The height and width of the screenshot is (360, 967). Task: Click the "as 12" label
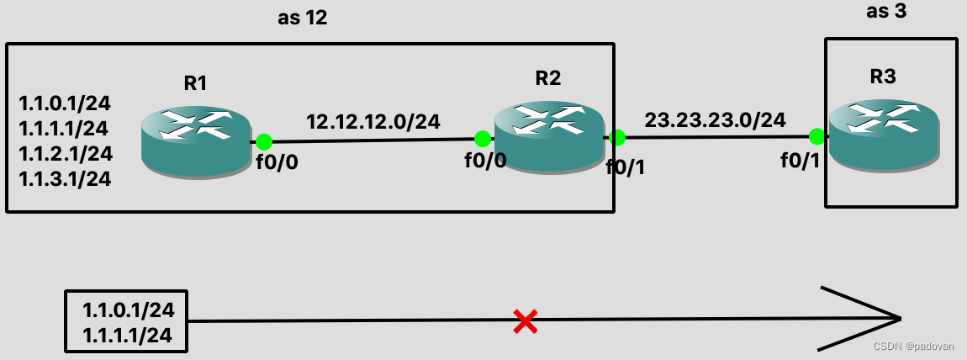point(302,18)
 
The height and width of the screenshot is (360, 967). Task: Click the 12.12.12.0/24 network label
point(373,122)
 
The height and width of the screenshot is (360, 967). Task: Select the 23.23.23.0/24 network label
point(715,120)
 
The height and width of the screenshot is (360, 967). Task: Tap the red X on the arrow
point(526,320)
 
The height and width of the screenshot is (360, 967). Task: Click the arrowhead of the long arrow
point(891,319)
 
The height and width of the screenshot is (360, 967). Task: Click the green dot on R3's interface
point(816,135)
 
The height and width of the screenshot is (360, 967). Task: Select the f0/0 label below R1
point(277,163)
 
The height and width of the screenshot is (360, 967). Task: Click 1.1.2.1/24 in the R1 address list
point(65,153)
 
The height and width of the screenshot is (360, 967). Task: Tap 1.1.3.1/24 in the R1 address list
point(65,178)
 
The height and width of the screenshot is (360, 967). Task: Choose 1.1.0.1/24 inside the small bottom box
point(128,310)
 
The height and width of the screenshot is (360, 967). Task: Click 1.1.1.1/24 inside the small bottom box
point(128,335)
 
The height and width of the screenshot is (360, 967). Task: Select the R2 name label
point(547,79)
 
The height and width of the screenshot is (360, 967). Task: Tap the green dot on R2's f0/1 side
point(616,137)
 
